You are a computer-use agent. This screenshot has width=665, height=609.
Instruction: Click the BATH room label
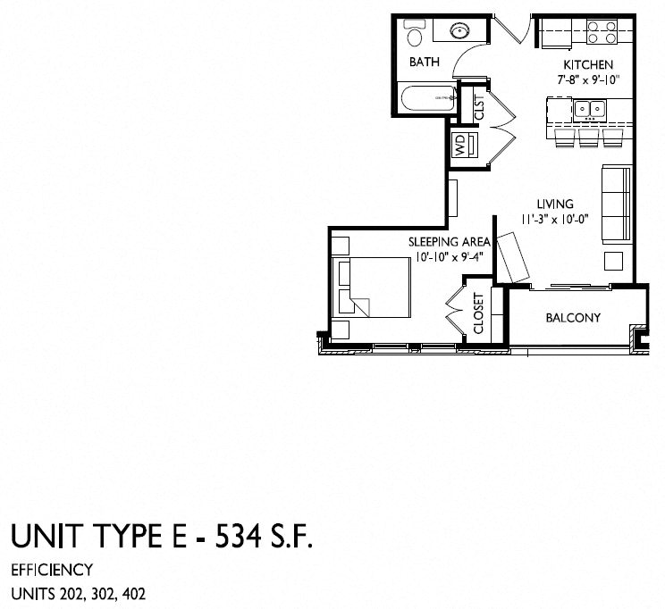pos(423,63)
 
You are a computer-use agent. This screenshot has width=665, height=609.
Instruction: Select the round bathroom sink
pos(459,31)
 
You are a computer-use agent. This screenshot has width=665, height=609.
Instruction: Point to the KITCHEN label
pos(587,65)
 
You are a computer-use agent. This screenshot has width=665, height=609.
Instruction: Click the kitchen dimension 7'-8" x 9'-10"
pos(586,80)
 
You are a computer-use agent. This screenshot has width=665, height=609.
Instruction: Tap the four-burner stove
pos(602,32)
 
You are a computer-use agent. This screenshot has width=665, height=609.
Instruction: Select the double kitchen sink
pos(589,110)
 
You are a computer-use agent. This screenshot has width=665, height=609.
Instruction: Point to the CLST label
pos(479,109)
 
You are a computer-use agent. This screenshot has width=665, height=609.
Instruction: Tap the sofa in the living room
pos(614,203)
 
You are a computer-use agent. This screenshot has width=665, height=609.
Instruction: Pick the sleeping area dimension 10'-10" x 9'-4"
pos(450,257)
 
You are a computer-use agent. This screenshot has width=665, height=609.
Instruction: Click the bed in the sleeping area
pos(369,288)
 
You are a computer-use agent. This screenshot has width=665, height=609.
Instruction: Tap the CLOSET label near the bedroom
pos(478,314)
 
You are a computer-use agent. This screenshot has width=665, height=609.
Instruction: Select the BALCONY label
pos(572,318)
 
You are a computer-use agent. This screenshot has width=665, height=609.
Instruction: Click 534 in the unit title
pos(235,538)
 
